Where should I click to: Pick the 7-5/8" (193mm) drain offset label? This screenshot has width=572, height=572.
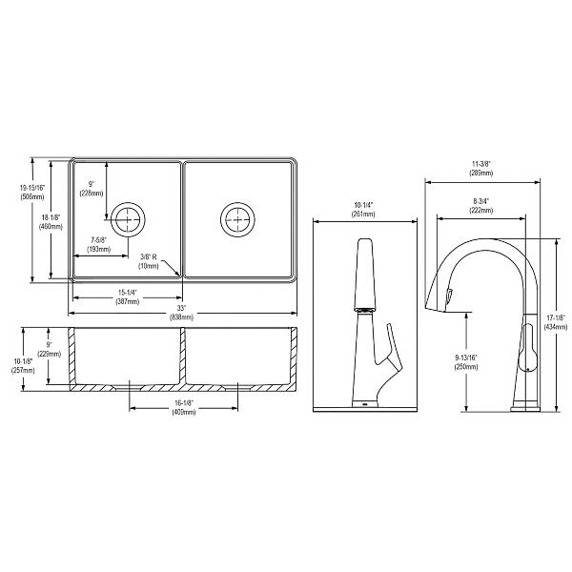pyautogui.click(x=99, y=244)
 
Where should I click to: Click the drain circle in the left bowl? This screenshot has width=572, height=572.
pyautogui.click(x=126, y=218)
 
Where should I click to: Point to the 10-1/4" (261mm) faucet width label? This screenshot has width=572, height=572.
pyautogui.click(x=365, y=210)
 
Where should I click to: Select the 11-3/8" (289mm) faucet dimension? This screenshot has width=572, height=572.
pyautogui.click(x=480, y=169)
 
